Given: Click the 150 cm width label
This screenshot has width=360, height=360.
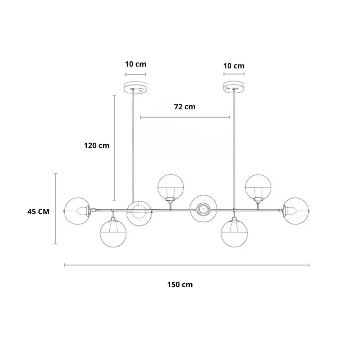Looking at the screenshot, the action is (180, 285).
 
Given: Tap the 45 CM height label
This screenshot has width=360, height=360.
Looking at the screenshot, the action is (38, 211).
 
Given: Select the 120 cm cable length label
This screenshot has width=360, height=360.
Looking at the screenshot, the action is (97, 145).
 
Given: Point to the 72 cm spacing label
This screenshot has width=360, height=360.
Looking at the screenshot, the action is (185, 107).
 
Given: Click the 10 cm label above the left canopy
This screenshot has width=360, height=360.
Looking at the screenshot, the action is (135, 64).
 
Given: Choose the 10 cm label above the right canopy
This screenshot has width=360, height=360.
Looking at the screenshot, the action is (234, 66).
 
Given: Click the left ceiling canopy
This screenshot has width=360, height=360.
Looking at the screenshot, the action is (135, 86).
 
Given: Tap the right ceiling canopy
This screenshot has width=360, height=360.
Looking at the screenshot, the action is (234, 86).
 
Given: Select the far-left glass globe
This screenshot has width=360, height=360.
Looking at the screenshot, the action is (77, 211).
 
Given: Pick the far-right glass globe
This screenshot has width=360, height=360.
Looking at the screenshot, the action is (296, 211).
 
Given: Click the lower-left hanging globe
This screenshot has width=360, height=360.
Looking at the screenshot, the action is (113, 234).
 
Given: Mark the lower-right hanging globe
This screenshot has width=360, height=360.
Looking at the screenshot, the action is (234, 234).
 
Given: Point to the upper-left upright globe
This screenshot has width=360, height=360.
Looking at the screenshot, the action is (171, 187).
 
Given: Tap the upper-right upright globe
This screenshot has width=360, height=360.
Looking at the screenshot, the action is (258, 187).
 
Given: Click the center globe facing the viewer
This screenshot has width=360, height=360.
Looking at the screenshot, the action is (203, 208).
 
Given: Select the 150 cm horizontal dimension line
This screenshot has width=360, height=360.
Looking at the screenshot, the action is (187, 265).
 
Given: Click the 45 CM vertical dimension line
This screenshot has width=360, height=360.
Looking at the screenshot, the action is (55, 209).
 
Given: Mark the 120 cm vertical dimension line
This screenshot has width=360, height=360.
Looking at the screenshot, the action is (114, 148).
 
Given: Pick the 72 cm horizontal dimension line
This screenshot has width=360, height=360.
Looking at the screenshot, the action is (185, 117).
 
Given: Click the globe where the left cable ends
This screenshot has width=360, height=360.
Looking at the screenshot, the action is (139, 213).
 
